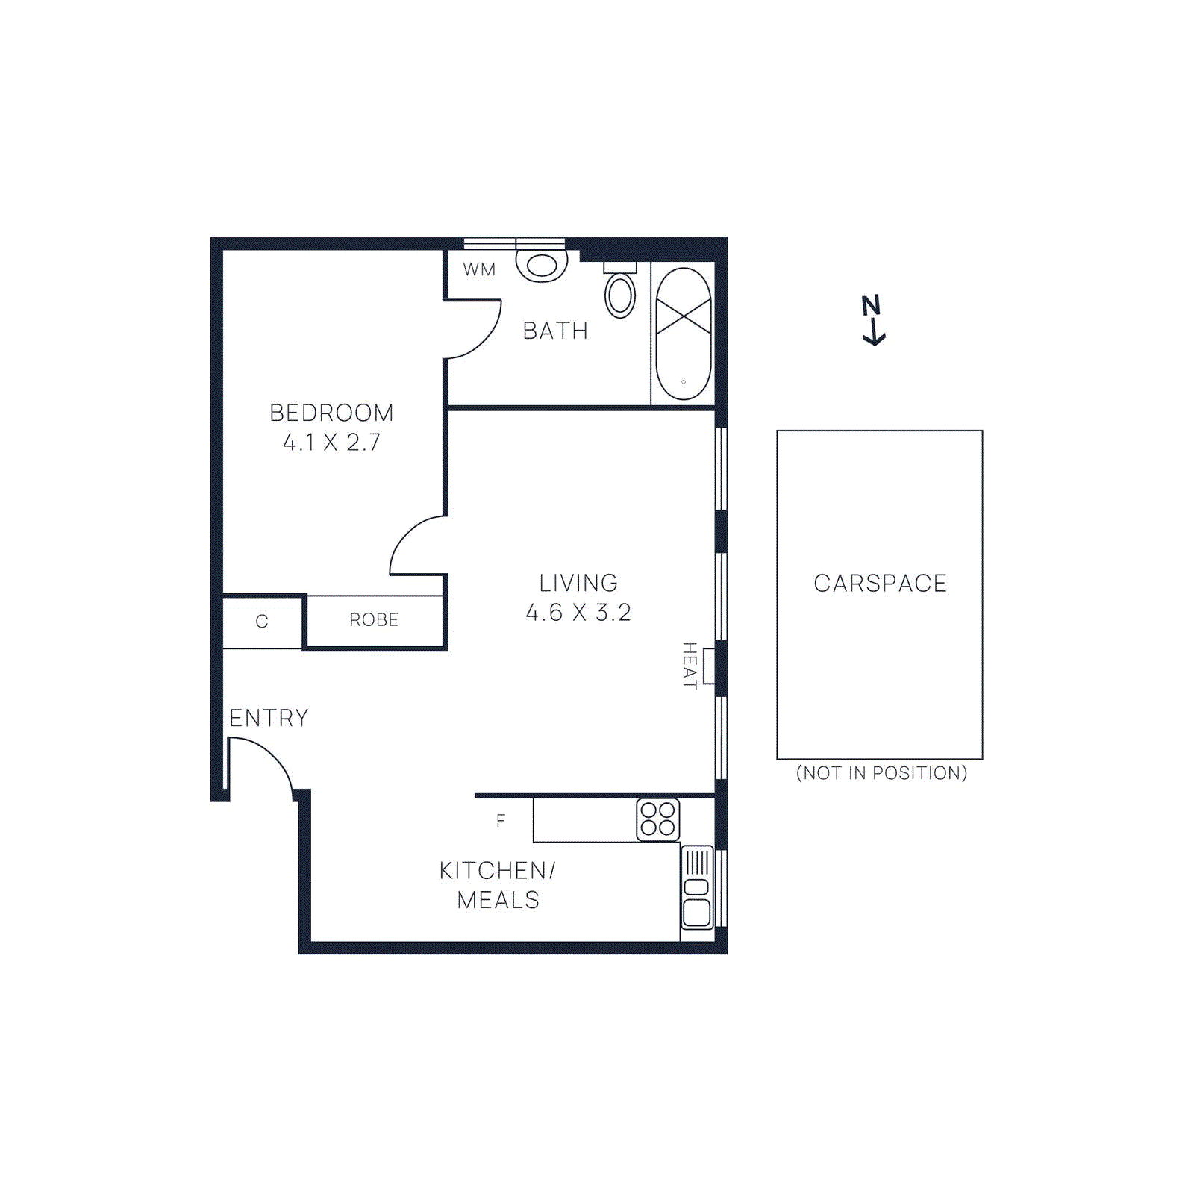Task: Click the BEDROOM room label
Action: pos(331,413)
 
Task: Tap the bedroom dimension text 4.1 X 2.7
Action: pos(331,443)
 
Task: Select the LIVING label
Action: pos(578,583)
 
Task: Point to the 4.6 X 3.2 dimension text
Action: pos(578,613)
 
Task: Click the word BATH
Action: pos(555,331)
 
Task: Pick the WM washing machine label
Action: pos(479,269)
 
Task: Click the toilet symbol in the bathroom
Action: pos(542,265)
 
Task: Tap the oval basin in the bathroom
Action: pos(620,295)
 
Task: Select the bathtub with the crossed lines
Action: pos(683,334)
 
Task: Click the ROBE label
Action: pos(374,620)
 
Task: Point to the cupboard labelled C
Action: pos(262,622)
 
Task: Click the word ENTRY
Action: pos(269,718)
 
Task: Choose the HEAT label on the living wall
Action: pos(690,666)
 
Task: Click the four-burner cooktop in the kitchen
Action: pos(657,819)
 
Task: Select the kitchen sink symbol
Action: pos(697,888)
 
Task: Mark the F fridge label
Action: pos(501,821)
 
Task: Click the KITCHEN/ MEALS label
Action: pos(498,885)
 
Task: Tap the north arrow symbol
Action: pos(872,321)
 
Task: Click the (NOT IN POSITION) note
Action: pos(881,773)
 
